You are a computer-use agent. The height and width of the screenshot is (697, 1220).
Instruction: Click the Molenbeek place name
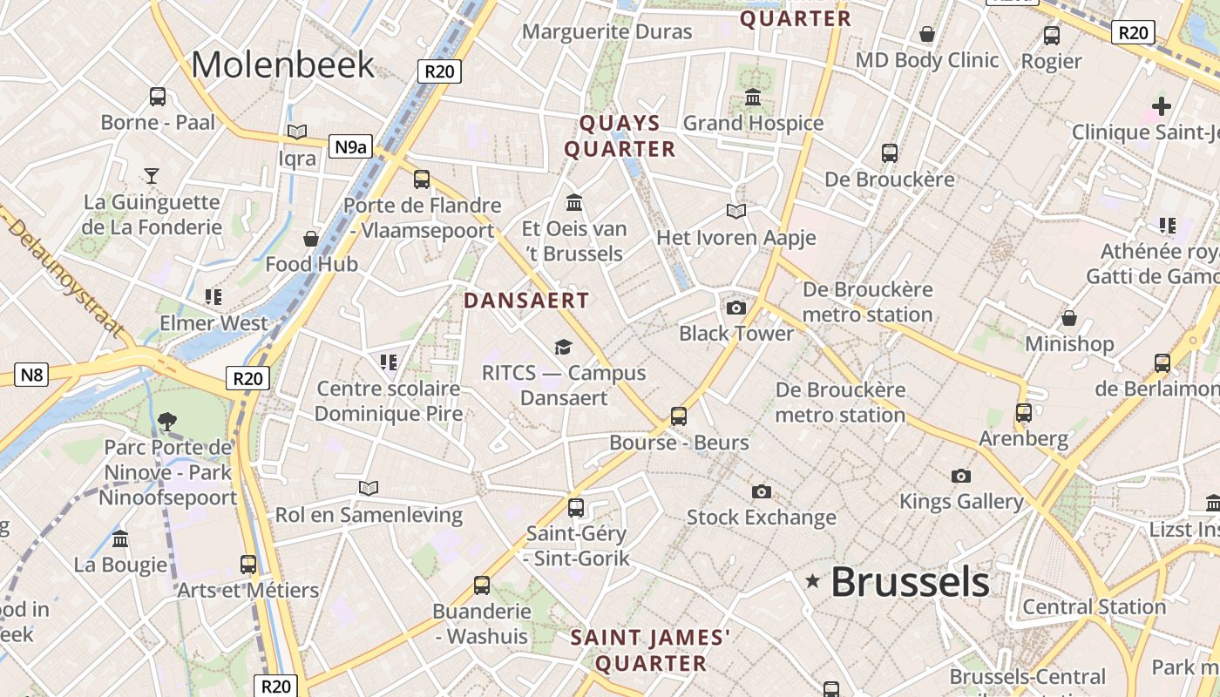coord(282,65)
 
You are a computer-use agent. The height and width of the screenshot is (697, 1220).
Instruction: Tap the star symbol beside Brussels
coord(813,581)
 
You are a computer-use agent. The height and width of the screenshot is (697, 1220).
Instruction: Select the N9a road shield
coord(350,146)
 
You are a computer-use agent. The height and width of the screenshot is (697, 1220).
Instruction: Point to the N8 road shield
coord(31,376)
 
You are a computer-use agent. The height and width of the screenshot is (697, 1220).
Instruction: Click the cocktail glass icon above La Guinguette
coord(152,176)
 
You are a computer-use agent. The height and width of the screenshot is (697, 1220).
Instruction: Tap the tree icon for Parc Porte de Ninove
coord(166,423)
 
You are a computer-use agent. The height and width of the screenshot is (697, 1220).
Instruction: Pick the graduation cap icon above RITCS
coord(563,347)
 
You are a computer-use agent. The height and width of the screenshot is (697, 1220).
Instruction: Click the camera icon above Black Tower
coord(736,308)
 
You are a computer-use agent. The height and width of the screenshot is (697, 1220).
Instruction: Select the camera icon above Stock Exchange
coord(761,491)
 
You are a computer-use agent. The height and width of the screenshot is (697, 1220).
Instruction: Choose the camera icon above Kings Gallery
coord(960,476)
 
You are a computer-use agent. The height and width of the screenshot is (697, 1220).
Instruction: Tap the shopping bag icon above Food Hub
coord(311,238)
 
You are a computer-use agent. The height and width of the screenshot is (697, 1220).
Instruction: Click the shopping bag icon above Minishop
coord(1068,318)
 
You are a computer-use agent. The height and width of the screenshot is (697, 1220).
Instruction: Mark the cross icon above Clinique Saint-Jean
coord(1161,106)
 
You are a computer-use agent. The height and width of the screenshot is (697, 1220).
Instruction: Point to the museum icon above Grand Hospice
coord(752,97)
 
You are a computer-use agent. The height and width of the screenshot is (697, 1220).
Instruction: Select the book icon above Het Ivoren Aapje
coord(736,211)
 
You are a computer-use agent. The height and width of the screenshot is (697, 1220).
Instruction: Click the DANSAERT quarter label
coord(526,301)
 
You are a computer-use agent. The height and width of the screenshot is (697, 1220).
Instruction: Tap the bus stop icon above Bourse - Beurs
coord(679,416)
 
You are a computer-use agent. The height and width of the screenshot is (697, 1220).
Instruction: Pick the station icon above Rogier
coord(1052,36)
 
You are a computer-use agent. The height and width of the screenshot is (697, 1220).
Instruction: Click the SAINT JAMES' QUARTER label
coord(650,650)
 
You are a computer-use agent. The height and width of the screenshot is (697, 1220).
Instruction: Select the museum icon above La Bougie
coord(120,538)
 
